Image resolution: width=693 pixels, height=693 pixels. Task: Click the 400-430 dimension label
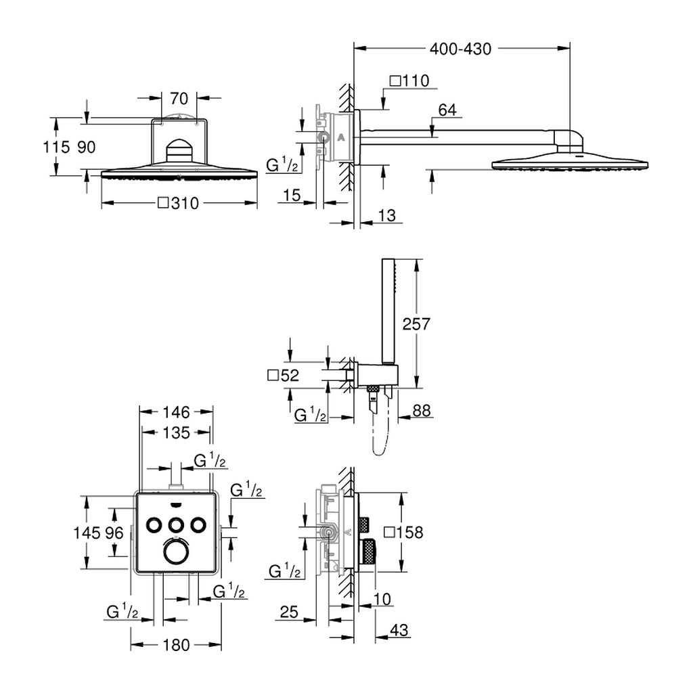coord(460,49)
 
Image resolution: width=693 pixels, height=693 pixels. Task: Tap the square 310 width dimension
coord(179,203)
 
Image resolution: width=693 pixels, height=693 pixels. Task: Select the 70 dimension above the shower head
coord(179,99)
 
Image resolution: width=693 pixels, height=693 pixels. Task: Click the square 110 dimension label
coord(409,81)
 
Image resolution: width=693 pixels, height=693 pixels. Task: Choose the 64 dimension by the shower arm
coord(447,110)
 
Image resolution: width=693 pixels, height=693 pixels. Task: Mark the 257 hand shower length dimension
coord(416,324)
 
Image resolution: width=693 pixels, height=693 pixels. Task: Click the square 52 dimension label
coord(284,375)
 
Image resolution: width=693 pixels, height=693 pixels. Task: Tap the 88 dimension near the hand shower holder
coord(421,411)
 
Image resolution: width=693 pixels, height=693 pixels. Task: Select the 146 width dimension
coord(177,412)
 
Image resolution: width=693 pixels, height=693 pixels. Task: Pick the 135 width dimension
coord(177,432)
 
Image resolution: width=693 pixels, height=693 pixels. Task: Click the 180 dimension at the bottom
coord(177,645)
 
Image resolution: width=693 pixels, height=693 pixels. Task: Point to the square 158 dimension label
coord(403,532)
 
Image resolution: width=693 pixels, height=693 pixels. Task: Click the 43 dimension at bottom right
coord(399,630)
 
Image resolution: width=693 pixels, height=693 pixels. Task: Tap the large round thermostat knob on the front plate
coord(176,552)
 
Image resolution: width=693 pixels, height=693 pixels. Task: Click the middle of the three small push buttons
coord(176,524)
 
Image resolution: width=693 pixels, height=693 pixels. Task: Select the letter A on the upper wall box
coord(341,137)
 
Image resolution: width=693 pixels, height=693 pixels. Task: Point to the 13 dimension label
coord(386,216)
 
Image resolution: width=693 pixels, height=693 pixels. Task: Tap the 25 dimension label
coord(289,612)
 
